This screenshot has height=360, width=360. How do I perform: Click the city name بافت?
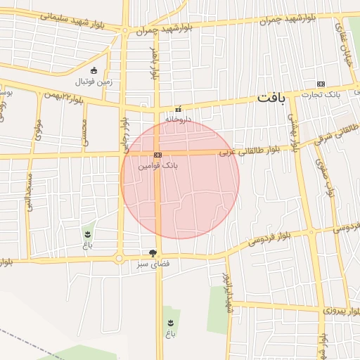tap(271, 98)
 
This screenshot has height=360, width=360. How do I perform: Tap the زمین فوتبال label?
tap(96, 82)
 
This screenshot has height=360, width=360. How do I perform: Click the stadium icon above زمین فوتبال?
tap(95, 70)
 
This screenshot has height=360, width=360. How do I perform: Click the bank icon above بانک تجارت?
tap(322, 82)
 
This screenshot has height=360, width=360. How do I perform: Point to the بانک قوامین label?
tap(160, 166)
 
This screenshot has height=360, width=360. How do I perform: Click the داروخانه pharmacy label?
tap(178, 120)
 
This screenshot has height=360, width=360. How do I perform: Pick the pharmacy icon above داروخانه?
tap(178, 109)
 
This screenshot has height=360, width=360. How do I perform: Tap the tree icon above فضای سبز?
tap(153, 252)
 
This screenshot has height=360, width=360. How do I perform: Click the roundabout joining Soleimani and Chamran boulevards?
tap(125, 30)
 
